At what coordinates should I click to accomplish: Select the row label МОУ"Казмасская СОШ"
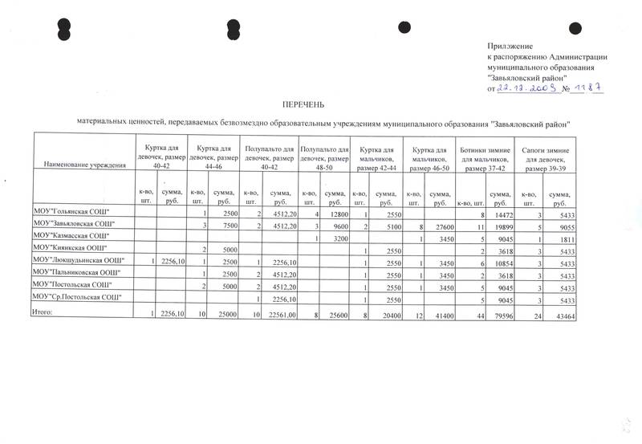coord(70,236)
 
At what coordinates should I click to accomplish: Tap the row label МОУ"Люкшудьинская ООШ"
coord(78,261)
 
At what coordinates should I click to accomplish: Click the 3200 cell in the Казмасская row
coord(340,239)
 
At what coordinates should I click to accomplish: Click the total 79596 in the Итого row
coord(500,316)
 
